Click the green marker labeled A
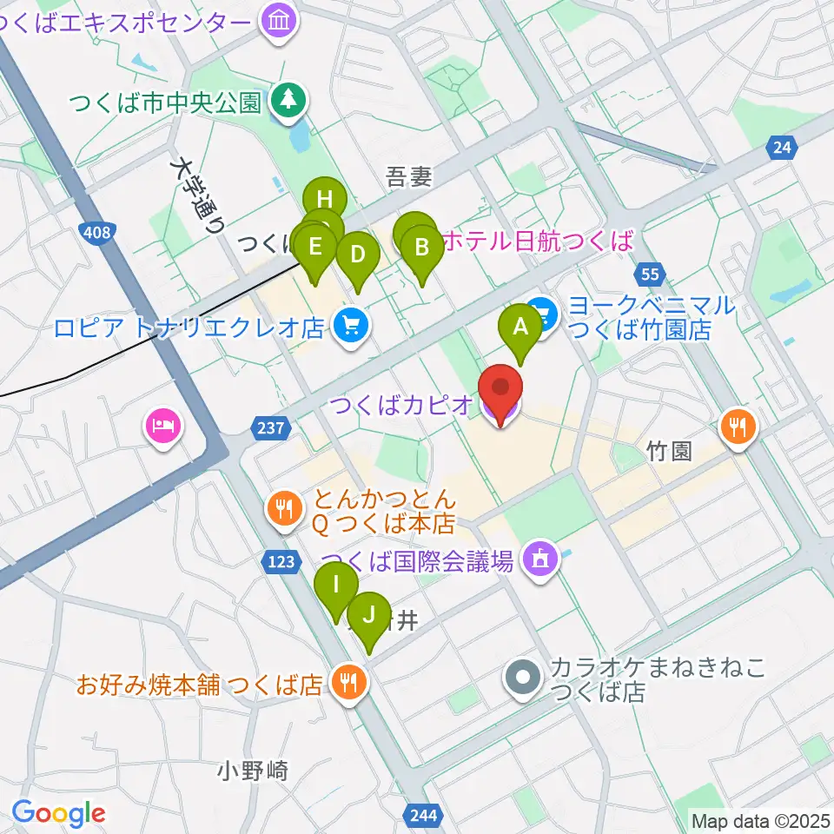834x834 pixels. (x=520, y=328)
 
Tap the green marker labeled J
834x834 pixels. (x=368, y=616)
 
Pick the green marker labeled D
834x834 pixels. (x=357, y=255)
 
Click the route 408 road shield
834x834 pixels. (x=98, y=232)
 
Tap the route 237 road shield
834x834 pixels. (x=267, y=427)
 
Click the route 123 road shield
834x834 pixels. (x=281, y=562)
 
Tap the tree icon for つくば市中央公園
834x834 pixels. (x=286, y=102)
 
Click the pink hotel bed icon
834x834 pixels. (x=164, y=427)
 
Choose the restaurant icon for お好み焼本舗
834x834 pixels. (x=348, y=683)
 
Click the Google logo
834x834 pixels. (x=58, y=813)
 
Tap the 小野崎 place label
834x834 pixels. (x=253, y=770)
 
